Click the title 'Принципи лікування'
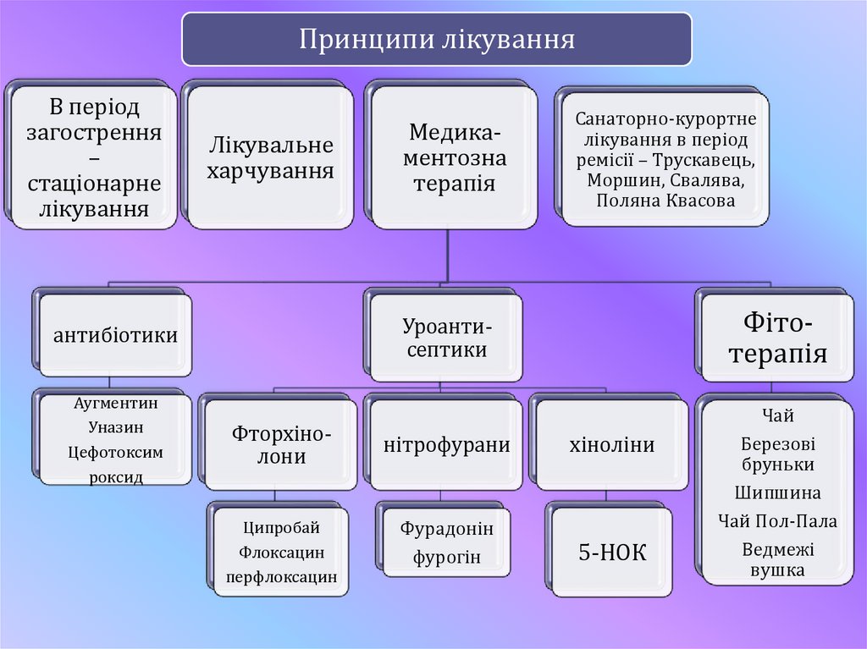(436, 40)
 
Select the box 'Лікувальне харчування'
(271, 158)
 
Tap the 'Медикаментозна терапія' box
(454, 157)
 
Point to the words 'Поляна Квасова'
(665, 201)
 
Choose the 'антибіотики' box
(115, 335)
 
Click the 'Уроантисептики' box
(445, 337)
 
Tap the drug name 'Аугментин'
(115, 404)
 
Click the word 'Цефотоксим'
(115, 452)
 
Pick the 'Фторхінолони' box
(281, 445)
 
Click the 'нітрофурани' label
(446, 445)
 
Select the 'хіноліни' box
(611, 445)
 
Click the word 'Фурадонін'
(446, 529)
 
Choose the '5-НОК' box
(611, 553)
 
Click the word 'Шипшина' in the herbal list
(777, 492)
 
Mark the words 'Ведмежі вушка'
(777, 559)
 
